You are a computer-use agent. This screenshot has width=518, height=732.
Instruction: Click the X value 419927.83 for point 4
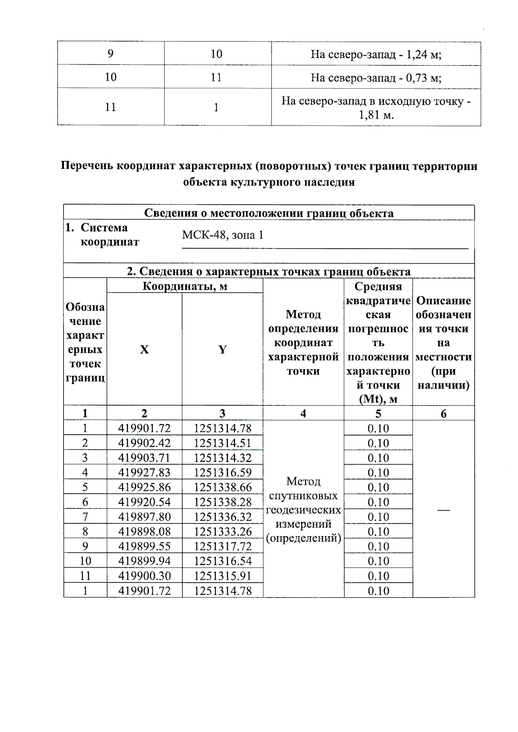(x=144, y=472)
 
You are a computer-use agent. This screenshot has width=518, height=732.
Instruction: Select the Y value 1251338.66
(x=222, y=487)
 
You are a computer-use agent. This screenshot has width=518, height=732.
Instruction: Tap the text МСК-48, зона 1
(x=222, y=236)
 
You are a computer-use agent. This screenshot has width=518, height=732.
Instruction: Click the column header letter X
(x=144, y=349)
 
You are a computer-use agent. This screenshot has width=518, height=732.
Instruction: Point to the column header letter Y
(x=222, y=349)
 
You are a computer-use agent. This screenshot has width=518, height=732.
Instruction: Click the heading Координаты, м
(x=185, y=286)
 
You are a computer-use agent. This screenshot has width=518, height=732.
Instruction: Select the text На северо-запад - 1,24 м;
(x=376, y=54)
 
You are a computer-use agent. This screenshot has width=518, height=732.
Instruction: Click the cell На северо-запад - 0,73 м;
(x=376, y=78)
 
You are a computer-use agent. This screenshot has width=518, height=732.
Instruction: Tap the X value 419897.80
(x=144, y=516)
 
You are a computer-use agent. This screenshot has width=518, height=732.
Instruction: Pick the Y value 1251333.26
(x=222, y=531)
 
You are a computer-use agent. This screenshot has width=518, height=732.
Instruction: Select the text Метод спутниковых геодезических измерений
(x=303, y=509)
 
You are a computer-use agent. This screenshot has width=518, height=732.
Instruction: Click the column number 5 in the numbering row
(x=378, y=413)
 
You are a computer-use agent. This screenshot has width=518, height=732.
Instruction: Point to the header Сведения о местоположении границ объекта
(x=268, y=213)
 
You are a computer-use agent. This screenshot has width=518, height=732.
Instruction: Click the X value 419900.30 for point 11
(x=144, y=576)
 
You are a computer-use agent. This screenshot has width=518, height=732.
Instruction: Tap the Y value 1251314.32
(x=222, y=458)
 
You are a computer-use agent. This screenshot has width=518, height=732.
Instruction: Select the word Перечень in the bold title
(x=87, y=167)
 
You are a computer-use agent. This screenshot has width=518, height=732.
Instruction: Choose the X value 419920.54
(x=144, y=502)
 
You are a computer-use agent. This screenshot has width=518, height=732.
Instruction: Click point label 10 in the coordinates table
(x=85, y=561)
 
